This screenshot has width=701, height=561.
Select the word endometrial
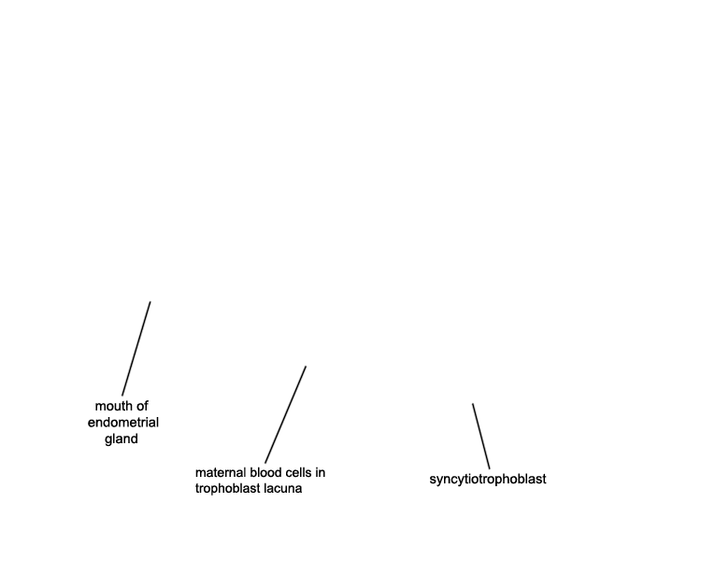[x=123, y=423]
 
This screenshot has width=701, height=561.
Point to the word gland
[x=122, y=439]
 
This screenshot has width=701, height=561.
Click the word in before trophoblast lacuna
[x=320, y=472]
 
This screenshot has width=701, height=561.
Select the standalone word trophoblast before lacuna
[x=227, y=488]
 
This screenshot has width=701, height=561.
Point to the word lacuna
[x=282, y=488]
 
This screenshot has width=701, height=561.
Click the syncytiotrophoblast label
[x=488, y=479]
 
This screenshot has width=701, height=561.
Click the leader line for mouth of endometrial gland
[x=136, y=349]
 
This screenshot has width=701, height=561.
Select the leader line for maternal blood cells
[x=286, y=415]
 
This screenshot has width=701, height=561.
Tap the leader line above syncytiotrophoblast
[x=481, y=437]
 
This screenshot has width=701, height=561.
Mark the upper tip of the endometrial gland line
[x=150, y=301]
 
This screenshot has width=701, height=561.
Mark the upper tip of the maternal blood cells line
[x=306, y=366]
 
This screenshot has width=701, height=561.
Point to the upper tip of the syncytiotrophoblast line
[x=473, y=404]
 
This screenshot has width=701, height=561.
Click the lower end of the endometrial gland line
[x=122, y=396]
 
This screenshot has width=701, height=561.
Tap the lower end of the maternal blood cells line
[x=265, y=464]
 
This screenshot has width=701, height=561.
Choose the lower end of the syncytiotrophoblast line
[x=490, y=468]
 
